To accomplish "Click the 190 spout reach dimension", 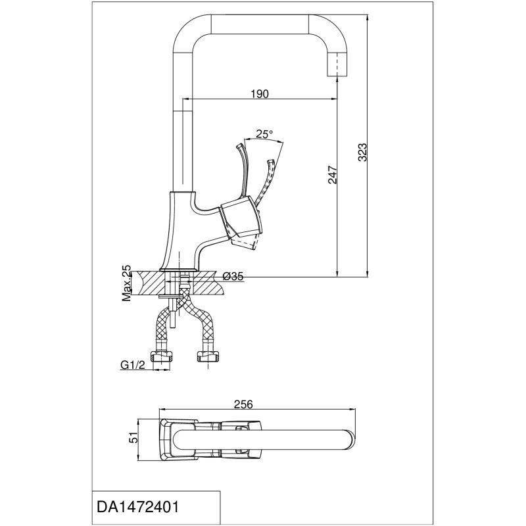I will (259, 94).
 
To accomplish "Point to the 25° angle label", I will (264, 134).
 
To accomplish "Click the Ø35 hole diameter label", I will (233, 277).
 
